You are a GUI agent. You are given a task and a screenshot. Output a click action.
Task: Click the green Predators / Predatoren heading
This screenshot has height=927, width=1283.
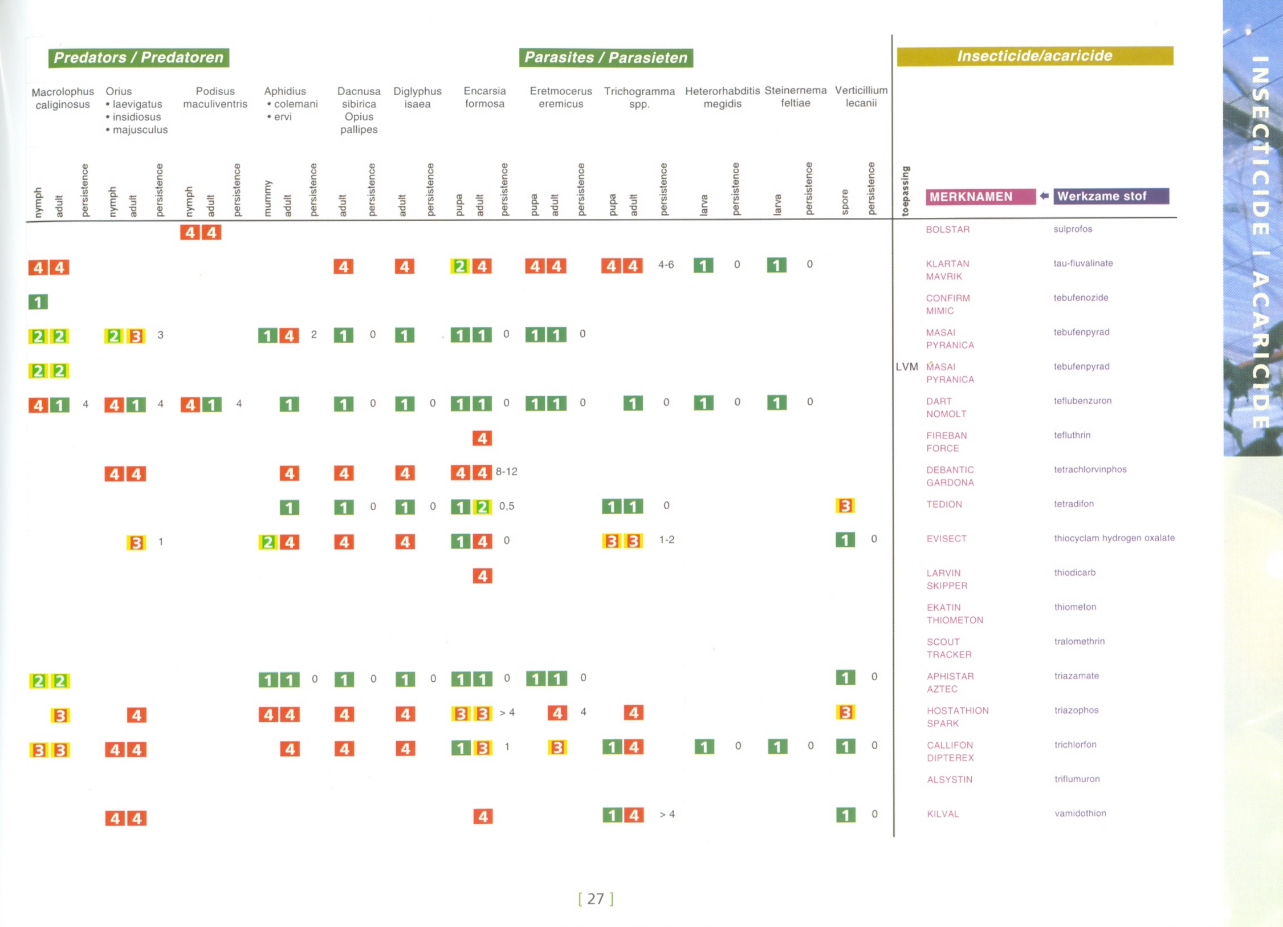coord(139,58)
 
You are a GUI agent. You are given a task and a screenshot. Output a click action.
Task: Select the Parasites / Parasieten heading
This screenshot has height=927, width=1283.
coord(605,58)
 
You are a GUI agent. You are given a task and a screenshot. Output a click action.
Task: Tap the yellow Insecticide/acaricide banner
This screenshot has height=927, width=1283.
coord(1034,56)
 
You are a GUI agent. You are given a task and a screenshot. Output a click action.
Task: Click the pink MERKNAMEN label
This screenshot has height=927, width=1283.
coord(979,197)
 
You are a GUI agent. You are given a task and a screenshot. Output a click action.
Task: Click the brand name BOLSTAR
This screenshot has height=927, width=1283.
coord(947,229)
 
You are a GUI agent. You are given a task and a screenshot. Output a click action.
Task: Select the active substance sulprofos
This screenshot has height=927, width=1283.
coord(1072,229)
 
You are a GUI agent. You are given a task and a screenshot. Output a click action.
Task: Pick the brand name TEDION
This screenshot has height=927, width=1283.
coord(944,504)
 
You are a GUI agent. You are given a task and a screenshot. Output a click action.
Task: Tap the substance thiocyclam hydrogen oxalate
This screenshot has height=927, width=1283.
coord(1114,538)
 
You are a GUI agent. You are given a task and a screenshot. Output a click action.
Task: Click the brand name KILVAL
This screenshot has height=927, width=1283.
coord(943,814)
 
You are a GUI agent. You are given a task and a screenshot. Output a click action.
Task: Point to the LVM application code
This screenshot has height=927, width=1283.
coord(906,367)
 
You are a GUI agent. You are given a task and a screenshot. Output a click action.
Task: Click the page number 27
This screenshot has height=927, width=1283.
coord(595,898)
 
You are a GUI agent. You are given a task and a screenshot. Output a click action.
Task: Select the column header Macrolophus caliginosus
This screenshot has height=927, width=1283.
coord(63,98)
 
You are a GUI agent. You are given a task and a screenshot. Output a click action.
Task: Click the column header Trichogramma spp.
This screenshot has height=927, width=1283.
coord(639,97)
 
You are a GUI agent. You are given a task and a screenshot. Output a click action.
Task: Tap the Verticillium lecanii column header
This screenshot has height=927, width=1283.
coord(861,96)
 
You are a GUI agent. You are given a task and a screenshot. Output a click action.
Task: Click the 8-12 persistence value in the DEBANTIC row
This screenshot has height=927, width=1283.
coord(506,471)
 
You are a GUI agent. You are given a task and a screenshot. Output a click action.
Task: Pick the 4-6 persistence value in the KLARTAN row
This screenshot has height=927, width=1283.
coord(665,265)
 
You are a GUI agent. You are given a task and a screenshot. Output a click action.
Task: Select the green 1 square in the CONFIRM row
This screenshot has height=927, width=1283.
coord(38,302)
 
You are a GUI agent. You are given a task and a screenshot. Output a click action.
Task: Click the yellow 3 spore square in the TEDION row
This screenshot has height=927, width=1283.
coord(845,506)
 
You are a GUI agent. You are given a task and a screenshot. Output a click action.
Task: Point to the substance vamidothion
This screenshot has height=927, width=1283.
coord(1080,813)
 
